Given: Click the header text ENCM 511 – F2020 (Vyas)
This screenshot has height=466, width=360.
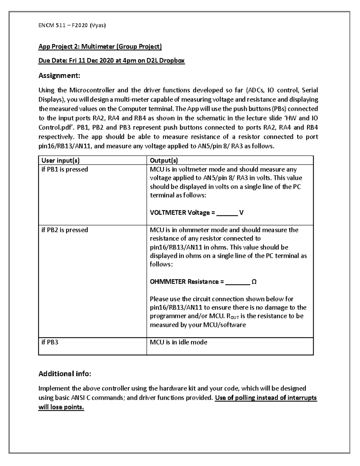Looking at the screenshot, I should [72, 25].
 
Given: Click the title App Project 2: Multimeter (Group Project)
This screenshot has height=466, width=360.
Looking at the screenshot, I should [100, 47].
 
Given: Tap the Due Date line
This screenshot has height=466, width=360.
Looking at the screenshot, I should [111, 61].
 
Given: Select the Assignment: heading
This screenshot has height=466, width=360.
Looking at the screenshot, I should [59, 76].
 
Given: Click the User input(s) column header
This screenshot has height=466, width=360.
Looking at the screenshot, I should [60, 161].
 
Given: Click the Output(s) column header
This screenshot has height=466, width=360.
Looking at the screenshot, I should [164, 161].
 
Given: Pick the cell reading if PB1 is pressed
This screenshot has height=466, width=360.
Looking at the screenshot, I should [64, 169].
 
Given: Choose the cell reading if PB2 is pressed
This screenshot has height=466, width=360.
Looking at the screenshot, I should [64, 230].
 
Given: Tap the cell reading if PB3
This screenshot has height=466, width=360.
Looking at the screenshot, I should [50, 342].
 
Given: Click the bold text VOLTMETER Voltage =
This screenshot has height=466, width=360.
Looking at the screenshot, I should [182, 213].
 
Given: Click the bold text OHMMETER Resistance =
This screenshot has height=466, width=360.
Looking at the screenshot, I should [187, 282].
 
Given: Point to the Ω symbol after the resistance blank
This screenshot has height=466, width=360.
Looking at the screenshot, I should [254, 282].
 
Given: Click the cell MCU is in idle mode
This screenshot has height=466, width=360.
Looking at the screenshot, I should [178, 342].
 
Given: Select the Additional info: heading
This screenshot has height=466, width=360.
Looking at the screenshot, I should [64, 374].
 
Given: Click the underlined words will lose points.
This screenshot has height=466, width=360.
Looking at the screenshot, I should [61, 407].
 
